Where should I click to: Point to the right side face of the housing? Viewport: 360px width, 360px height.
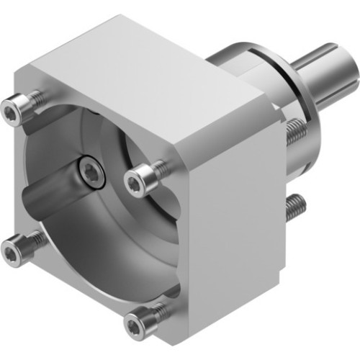coord(230,216)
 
